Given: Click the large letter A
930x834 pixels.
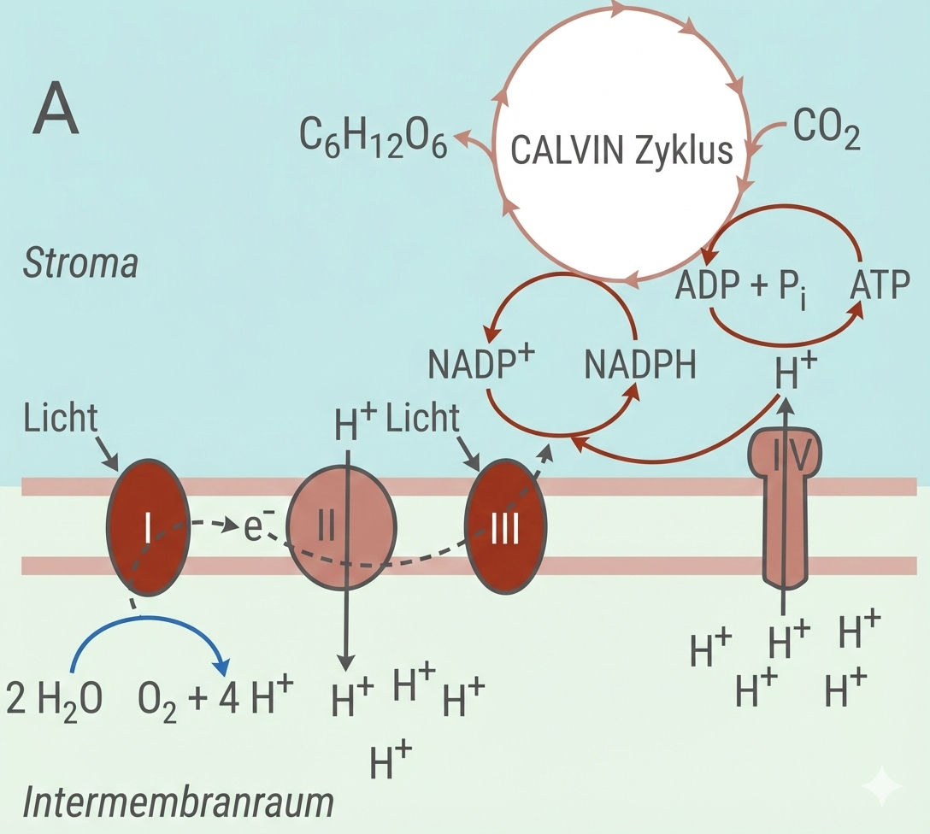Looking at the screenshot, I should pos(56,114).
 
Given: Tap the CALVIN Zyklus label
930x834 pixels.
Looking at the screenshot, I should pos(621,150).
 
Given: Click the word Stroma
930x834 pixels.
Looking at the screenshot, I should pos(79,264).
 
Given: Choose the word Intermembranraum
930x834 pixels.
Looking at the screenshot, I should pos(177,804).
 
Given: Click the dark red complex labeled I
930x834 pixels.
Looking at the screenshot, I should pos(146,528).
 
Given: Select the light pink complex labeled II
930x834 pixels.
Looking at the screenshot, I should pos(341,528).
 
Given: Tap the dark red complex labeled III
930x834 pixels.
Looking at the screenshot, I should pos(504,528).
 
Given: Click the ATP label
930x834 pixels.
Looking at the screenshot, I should pos(880,285).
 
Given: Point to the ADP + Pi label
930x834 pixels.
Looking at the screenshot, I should pos(741,285).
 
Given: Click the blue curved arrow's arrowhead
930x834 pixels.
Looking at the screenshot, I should pos(223,666).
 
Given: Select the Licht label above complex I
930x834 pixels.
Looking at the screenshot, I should pos(61,420).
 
